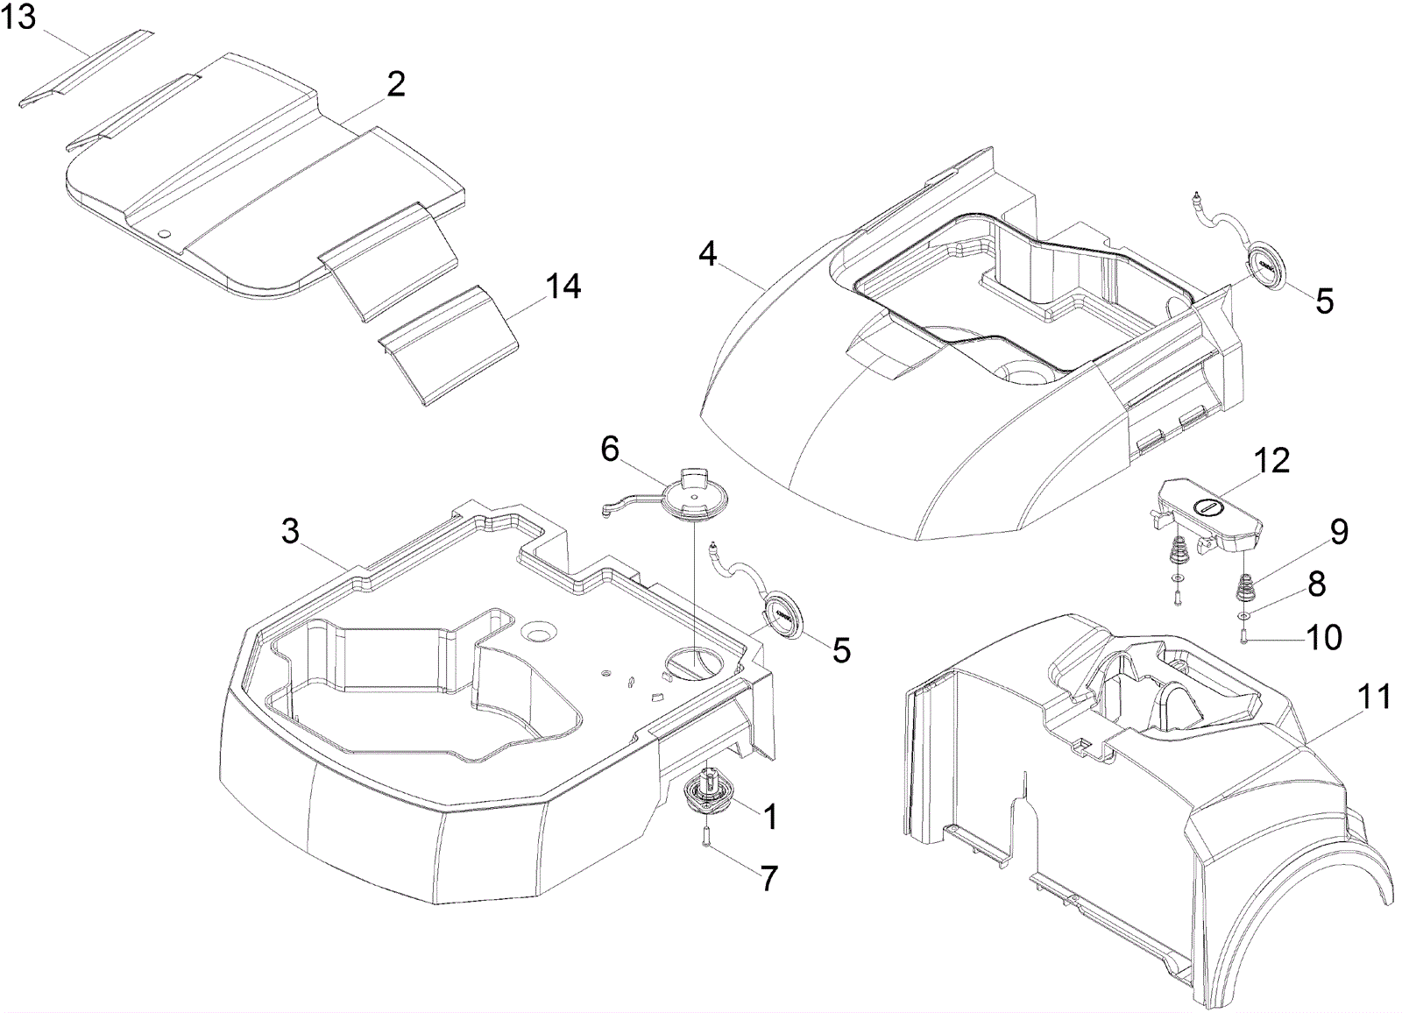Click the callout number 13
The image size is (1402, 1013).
(18, 17)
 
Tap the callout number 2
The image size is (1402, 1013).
(396, 85)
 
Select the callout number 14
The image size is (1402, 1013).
(563, 286)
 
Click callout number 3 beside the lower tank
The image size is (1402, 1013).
(290, 532)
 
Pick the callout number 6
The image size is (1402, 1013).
(610, 449)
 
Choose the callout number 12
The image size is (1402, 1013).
(1272, 460)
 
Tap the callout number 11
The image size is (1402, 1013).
(1374, 698)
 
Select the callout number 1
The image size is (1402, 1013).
(769, 817)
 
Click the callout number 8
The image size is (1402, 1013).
(1317, 584)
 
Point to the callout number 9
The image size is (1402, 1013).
(1339, 533)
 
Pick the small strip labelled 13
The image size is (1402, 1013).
(86, 69)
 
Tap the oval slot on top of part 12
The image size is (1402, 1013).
(1210, 506)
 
